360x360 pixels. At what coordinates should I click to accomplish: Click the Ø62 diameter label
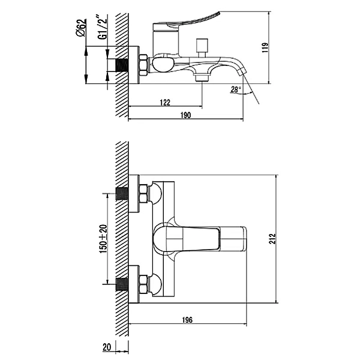coord(81,28)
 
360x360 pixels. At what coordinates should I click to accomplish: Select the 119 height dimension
coord(265,48)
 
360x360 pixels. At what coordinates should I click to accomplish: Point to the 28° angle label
coord(236,89)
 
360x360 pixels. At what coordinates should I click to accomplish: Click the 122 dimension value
coord(165,103)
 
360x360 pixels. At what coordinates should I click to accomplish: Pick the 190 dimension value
coord(185,115)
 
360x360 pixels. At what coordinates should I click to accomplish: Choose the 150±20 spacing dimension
coord(103,239)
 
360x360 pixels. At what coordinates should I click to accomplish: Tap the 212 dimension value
coord(272,239)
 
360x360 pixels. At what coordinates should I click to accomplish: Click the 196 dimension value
coord(187,320)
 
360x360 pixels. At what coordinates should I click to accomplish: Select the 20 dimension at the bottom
coord(107,347)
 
